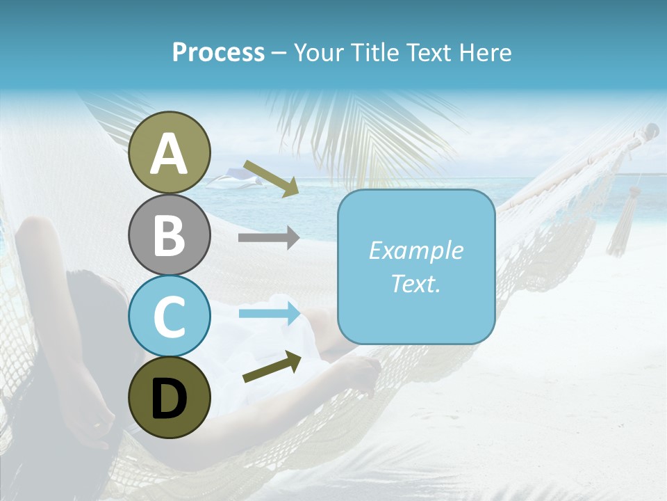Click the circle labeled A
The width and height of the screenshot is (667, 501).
[x=169, y=153]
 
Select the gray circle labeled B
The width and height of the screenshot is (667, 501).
[x=169, y=234]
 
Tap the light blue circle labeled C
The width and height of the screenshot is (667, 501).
[x=169, y=316]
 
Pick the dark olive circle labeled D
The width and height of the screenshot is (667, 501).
[x=169, y=397]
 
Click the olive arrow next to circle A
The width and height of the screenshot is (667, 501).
[x=271, y=178]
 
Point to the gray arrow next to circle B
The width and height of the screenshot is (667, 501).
[x=269, y=238]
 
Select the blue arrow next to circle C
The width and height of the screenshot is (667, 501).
[x=269, y=314]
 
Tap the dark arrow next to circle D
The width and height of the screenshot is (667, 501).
[x=272, y=367]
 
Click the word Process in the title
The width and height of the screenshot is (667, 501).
[x=218, y=52]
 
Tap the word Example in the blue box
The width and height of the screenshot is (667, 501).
[x=415, y=250]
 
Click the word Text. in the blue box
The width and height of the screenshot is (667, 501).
[x=415, y=283]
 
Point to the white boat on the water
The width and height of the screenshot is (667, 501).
[x=233, y=182]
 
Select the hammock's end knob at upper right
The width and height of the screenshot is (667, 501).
[x=651, y=130]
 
